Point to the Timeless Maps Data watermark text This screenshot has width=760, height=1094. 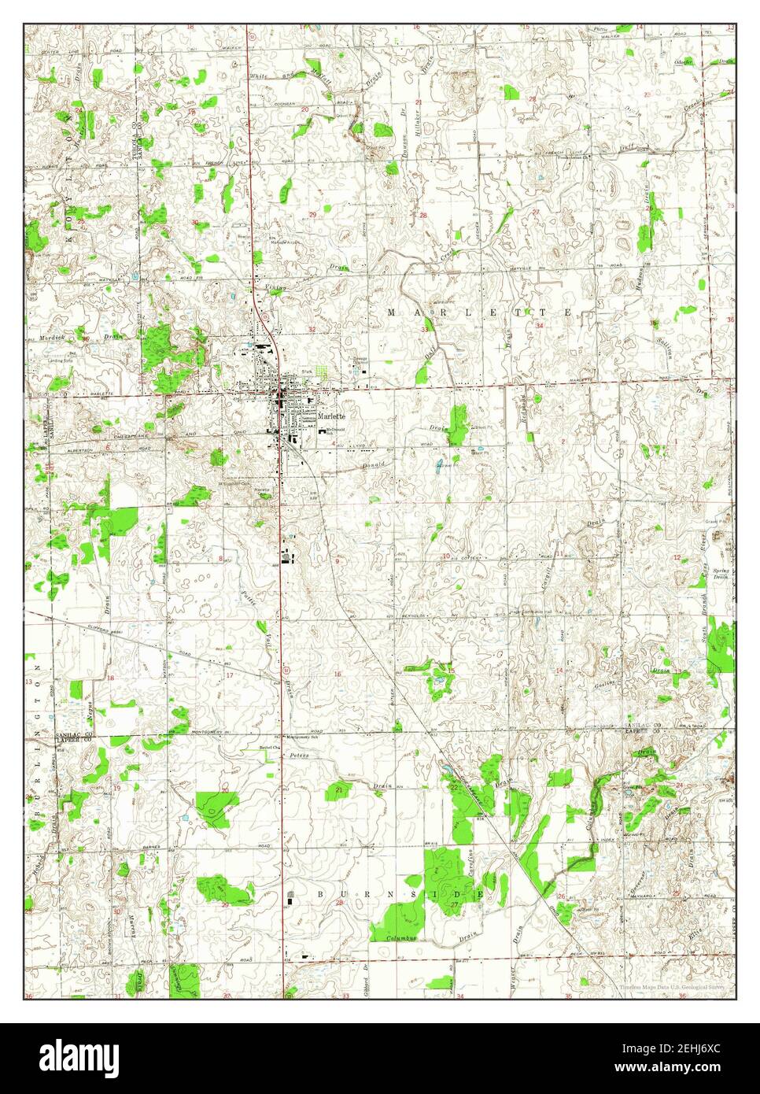tap(669, 985)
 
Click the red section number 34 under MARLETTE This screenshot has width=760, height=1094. tap(540, 326)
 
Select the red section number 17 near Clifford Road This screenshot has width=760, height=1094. tap(230, 675)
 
